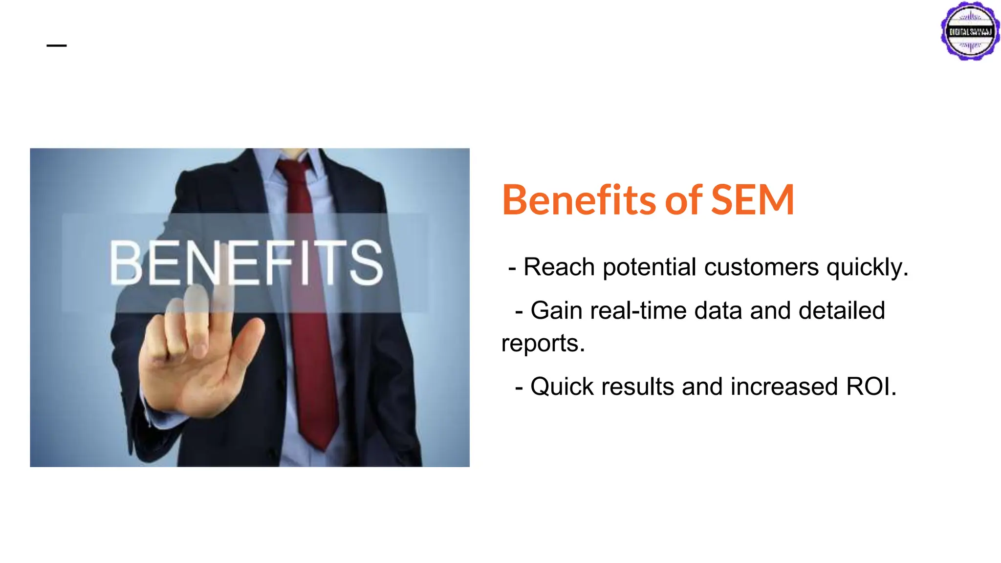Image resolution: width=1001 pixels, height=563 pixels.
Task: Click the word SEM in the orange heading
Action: (752, 200)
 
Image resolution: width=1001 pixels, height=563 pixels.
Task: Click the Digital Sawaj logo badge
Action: (970, 31)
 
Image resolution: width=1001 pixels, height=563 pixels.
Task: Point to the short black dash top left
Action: (57, 46)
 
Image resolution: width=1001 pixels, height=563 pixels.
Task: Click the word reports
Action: (543, 344)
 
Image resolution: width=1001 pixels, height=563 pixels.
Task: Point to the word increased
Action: (784, 387)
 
